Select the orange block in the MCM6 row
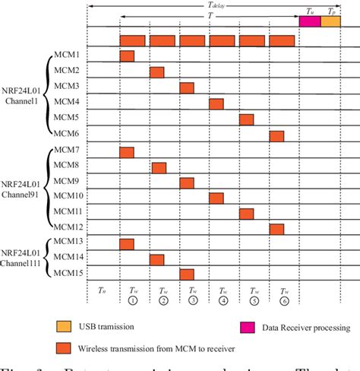276,136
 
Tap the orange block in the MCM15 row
187,274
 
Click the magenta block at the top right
310,22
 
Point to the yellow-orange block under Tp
330,22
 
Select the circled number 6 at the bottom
283,300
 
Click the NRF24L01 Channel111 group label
26,258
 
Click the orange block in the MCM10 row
216,198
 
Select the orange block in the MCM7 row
127,153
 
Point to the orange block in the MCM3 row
187,87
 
